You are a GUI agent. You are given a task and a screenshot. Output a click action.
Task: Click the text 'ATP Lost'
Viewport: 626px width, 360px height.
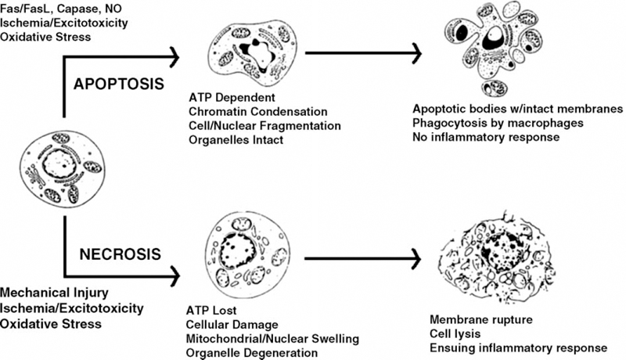click(210, 310)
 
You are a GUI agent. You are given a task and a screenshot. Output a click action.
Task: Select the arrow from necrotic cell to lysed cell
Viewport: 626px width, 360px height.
click(363, 257)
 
